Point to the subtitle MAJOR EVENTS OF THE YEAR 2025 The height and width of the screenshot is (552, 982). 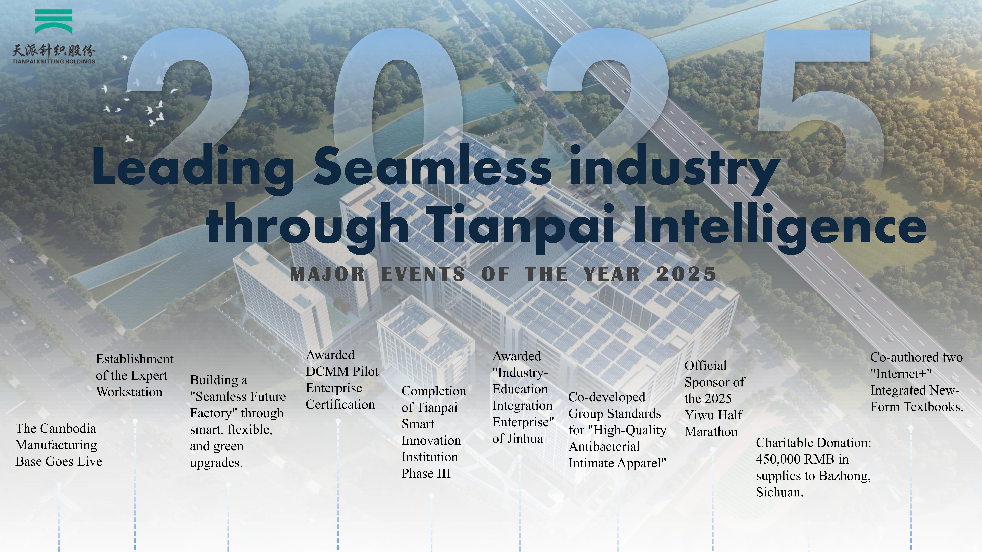pos(503,274)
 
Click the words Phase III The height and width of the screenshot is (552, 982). pos(426,473)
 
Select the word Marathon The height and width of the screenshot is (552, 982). pos(711,432)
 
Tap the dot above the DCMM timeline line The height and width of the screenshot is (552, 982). pos(338,421)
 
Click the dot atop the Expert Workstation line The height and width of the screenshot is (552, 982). pos(135,421)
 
